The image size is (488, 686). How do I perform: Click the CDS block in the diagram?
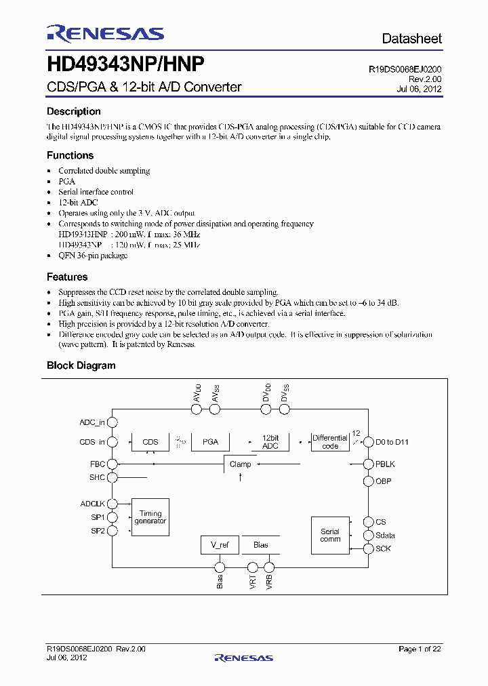pos(150,442)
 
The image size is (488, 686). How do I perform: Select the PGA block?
pos(210,442)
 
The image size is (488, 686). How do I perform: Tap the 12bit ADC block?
pos(270,442)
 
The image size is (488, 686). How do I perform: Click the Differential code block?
pos(330,442)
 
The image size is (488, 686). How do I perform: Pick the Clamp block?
pos(240,464)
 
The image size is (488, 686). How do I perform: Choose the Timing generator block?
pos(150,517)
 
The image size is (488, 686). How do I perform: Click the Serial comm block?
pos(330,536)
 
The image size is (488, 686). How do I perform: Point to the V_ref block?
pos(220,545)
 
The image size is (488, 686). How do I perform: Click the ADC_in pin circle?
pos(113,422)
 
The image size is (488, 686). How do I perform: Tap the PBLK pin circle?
pos(369,464)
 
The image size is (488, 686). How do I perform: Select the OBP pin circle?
pos(369,481)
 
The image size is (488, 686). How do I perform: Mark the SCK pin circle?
pos(369,548)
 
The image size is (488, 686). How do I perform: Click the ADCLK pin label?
pos(93,504)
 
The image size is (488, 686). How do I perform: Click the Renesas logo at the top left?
pos(105,33)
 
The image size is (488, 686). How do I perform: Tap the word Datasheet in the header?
pos(411,39)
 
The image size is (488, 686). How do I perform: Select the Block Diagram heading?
pos(81,365)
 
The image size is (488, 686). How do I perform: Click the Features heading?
pos(67,277)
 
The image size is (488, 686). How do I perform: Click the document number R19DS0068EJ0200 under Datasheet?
pos(405,69)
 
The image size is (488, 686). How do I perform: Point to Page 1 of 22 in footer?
pos(420,649)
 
